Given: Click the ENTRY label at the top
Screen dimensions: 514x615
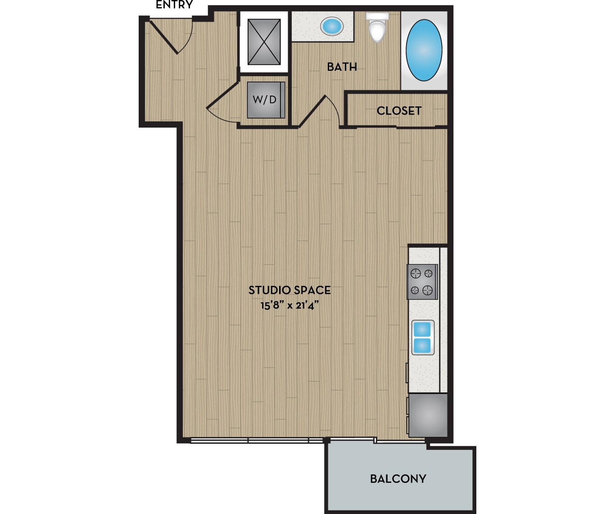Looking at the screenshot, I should coord(174,5).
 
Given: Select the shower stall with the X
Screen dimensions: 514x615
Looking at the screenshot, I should coord(264,42).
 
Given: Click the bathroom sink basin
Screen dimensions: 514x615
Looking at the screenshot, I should coord(332,26).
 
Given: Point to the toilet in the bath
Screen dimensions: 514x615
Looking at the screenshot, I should coord(377,28).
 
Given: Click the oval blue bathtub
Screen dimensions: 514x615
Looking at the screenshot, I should coord(424,50).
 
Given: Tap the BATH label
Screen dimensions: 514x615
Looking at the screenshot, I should coord(342,67).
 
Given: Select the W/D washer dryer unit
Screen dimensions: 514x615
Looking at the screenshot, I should coord(265,100).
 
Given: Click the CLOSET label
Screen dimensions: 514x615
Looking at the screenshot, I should coord(399,111).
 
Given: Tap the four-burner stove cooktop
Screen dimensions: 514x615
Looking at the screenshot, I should coord(422,282).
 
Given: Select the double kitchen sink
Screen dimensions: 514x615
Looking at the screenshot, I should coord(423,338).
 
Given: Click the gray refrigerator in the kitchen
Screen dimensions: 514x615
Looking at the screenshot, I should coord(428,415).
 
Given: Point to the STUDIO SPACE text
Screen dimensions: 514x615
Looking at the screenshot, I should coord(289,290).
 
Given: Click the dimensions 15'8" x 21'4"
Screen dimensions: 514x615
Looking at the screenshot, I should coord(289,306).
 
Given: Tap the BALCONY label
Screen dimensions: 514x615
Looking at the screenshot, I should coord(398,479).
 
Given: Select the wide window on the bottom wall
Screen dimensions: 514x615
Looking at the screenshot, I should coord(257,440).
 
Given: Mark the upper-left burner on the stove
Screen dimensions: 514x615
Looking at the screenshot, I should coord(416,273).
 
